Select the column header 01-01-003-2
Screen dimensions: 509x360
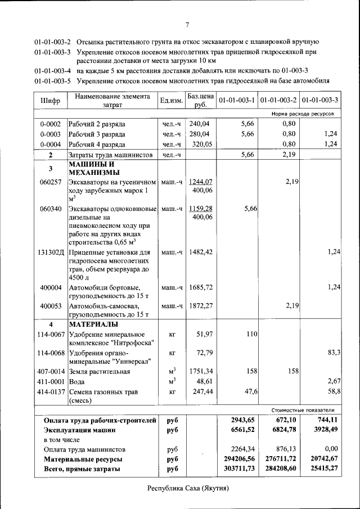pos(279,101)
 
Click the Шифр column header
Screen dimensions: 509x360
pos(50,101)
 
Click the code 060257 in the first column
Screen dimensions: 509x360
pos(50,182)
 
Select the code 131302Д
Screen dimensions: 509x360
pos(50,252)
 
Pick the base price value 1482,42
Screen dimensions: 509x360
pos(201,252)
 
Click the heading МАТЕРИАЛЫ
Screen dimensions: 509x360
pos(93,325)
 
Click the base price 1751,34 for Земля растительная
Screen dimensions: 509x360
pos(201,371)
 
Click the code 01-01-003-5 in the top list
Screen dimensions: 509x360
pos(52,80)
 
